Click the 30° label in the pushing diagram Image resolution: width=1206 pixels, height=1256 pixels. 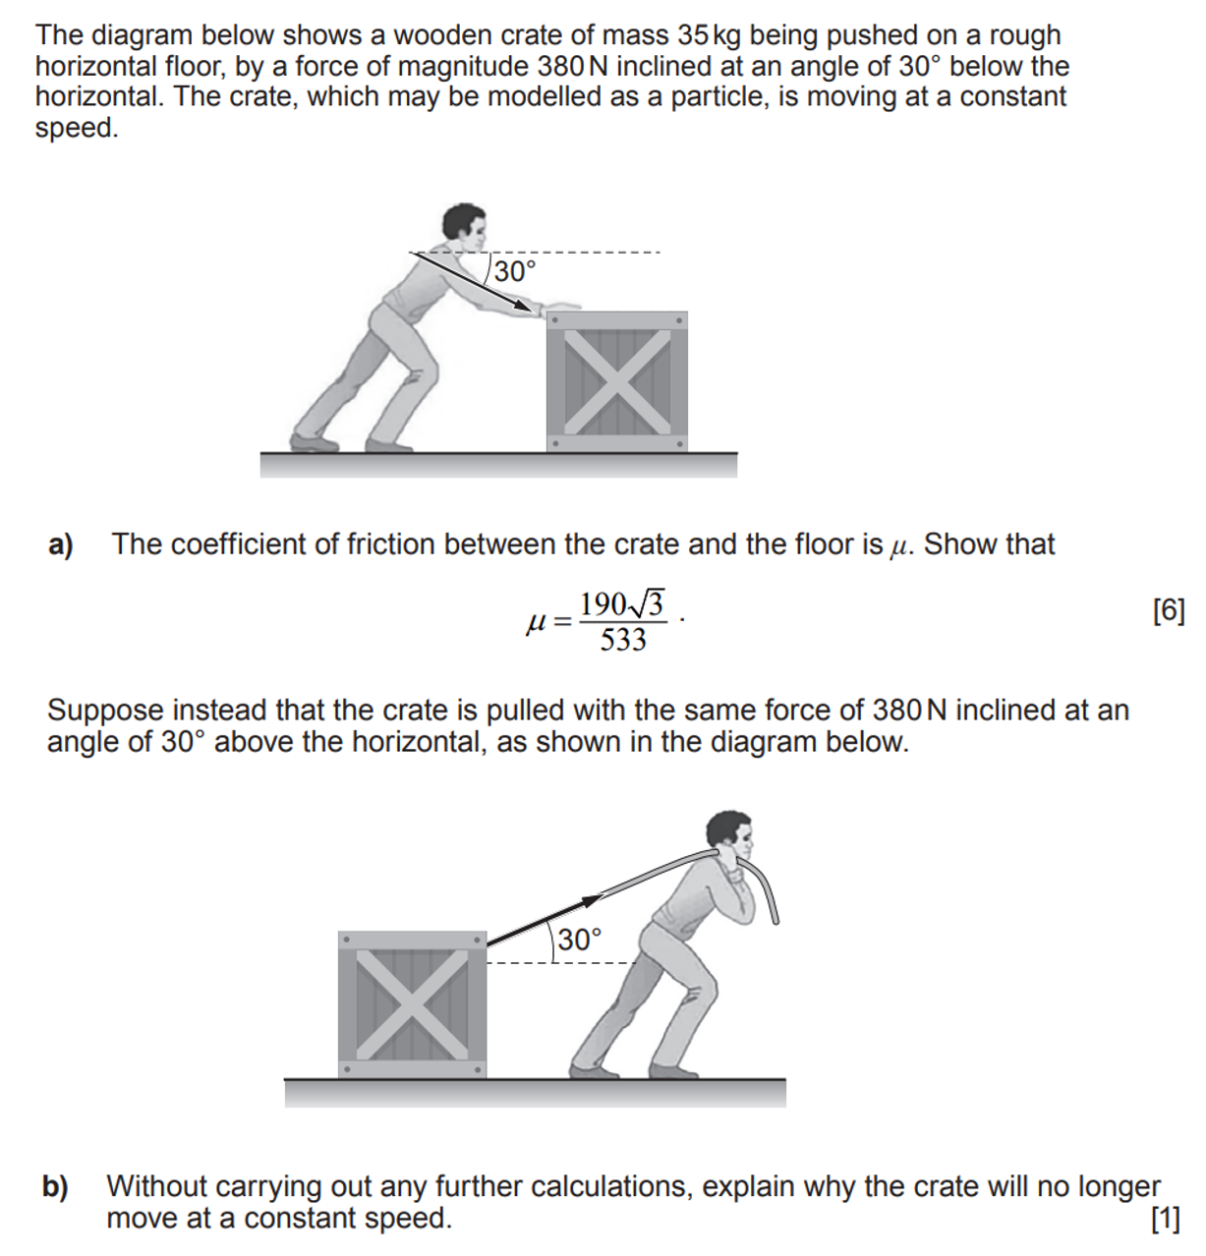pyautogui.click(x=515, y=271)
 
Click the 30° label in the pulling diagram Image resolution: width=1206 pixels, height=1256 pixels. pyautogui.click(x=579, y=940)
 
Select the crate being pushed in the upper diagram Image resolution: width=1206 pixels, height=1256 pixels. pyautogui.click(x=616, y=382)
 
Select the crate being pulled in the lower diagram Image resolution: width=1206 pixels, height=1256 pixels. pyautogui.click(x=412, y=1004)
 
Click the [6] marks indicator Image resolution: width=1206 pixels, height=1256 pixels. pyautogui.click(x=1168, y=611)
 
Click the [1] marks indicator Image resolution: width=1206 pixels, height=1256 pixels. pyautogui.click(x=1165, y=1219)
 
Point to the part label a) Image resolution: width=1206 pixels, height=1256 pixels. pyautogui.click(x=61, y=544)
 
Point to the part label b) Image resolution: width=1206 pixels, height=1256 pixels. pyautogui.click(x=55, y=1187)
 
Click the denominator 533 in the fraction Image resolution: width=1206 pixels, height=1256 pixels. pyautogui.click(x=623, y=641)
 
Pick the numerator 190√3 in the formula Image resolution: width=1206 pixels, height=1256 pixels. pyautogui.click(x=621, y=602)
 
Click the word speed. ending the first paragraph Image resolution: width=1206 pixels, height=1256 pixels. pyautogui.click(x=77, y=128)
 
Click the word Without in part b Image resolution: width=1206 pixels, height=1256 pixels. pyautogui.click(x=160, y=1186)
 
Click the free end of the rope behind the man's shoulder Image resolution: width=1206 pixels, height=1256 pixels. pyautogui.click(x=775, y=919)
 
